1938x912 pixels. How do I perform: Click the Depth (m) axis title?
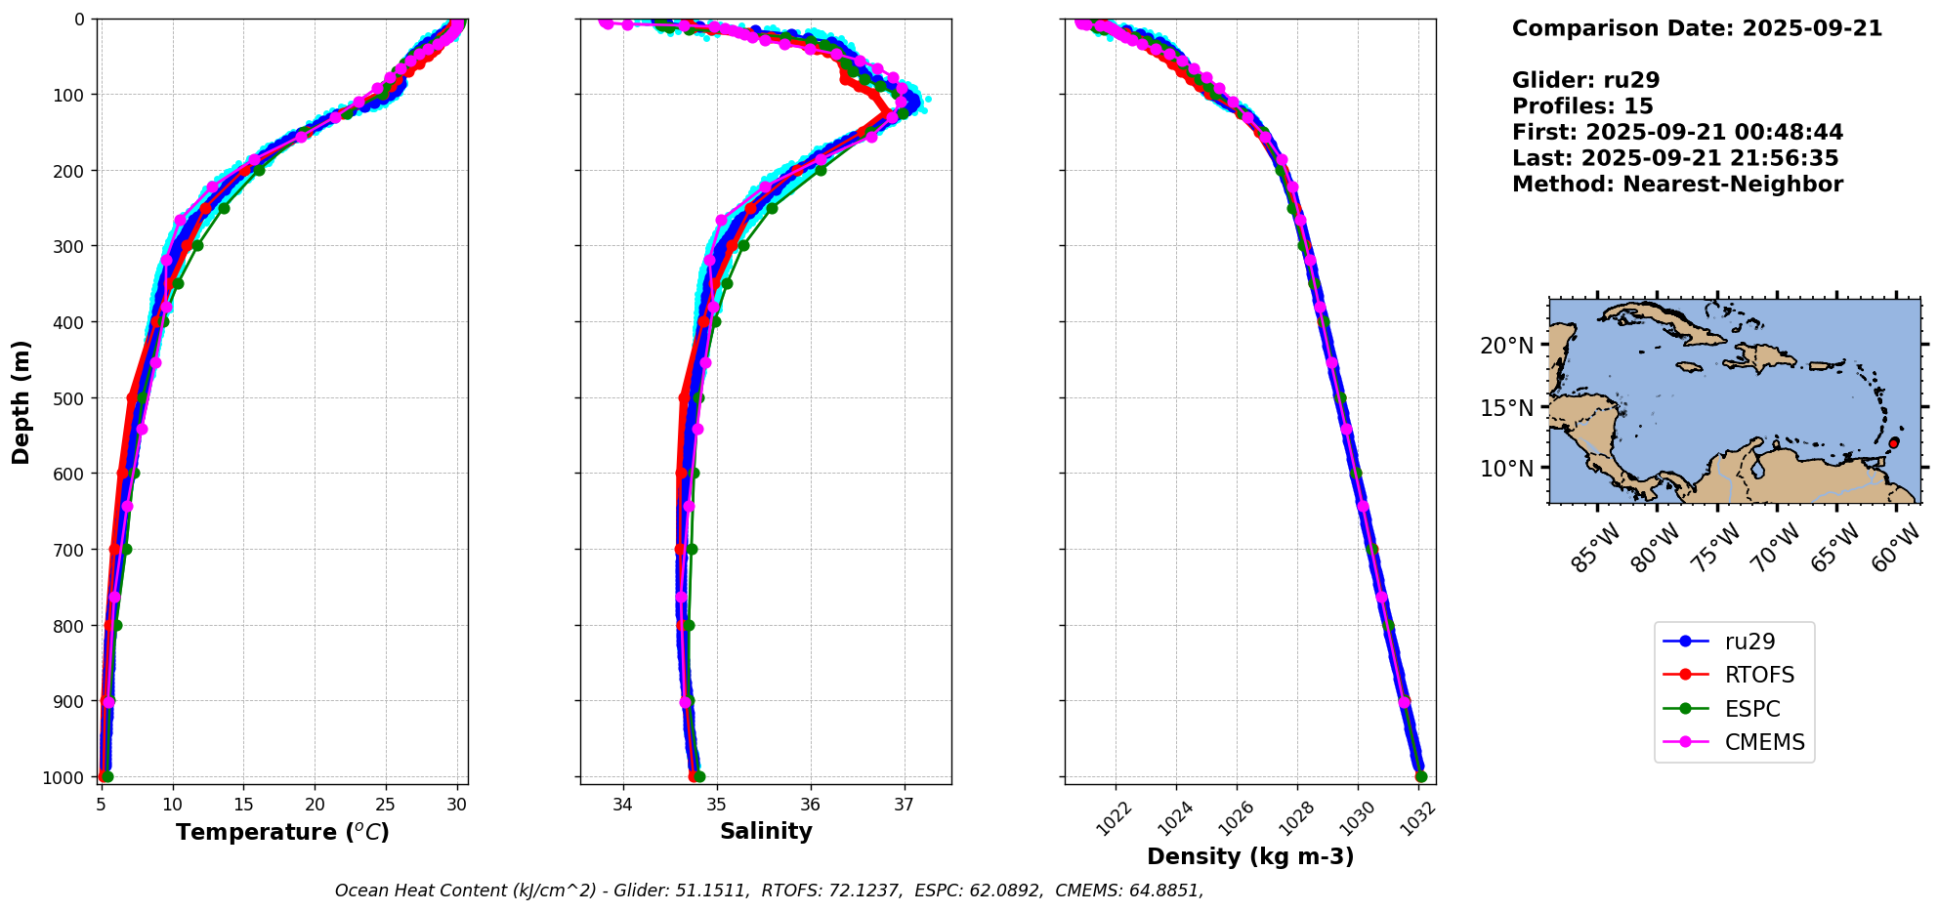point(21,401)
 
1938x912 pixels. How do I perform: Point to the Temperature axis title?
point(282,832)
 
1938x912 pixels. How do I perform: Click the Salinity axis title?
point(766,832)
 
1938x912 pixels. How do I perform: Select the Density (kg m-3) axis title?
point(1250,857)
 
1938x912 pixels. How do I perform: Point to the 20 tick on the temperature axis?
point(315,805)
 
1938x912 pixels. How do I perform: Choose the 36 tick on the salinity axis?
point(811,805)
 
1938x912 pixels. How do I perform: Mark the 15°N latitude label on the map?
point(1506,407)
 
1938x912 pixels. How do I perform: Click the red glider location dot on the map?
point(1893,443)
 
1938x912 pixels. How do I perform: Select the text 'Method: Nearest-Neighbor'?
point(1677,185)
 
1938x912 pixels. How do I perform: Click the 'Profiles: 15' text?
point(1582,106)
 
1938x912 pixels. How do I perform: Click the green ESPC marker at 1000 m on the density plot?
point(1420,777)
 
